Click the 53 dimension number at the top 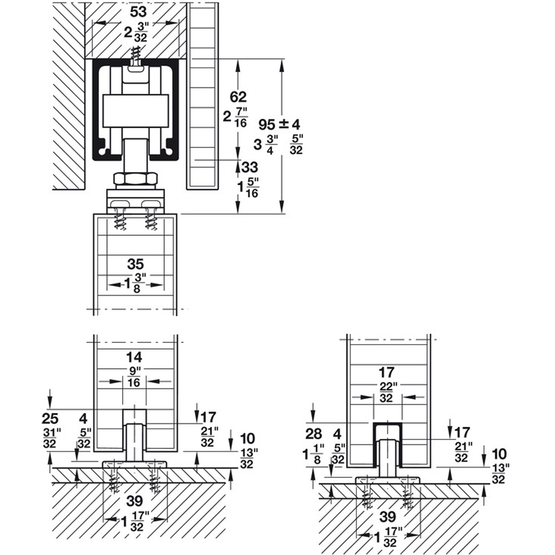click(x=138, y=12)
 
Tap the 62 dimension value click(x=238, y=97)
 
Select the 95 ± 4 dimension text click(x=279, y=124)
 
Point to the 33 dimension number click(x=250, y=167)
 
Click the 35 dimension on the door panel click(x=135, y=264)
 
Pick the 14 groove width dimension click(x=134, y=357)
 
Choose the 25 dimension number click(x=50, y=418)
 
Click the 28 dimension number click(x=314, y=433)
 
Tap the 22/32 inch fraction click(x=386, y=392)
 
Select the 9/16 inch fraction click(x=134, y=377)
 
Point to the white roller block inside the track click(x=135, y=111)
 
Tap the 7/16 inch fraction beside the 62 click(x=241, y=118)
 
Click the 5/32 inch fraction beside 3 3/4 click(x=296, y=144)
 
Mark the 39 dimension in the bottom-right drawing click(x=388, y=517)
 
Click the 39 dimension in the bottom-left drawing click(x=135, y=501)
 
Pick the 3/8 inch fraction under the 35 click(x=137, y=284)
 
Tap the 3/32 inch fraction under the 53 click(x=141, y=33)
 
